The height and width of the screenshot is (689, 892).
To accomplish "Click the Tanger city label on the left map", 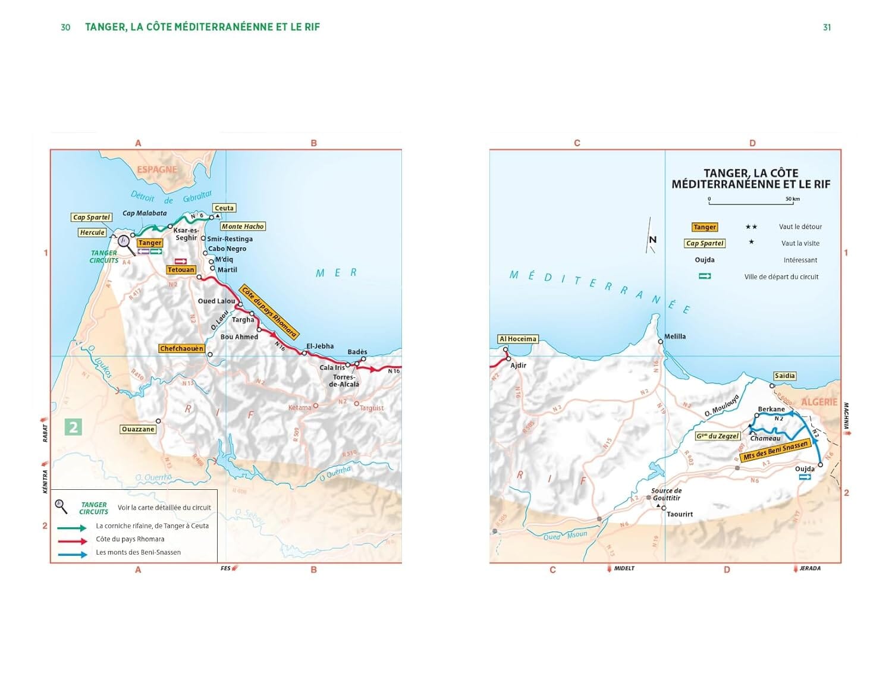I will click(x=150, y=243).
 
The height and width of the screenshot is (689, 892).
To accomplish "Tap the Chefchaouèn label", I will click(x=181, y=348).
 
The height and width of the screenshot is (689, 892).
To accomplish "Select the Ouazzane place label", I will click(x=138, y=429).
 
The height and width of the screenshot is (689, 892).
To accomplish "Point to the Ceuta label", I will click(x=224, y=208).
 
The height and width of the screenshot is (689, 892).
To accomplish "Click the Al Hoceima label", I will click(x=517, y=339).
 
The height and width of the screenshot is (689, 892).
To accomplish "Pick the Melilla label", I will click(x=675, y=336).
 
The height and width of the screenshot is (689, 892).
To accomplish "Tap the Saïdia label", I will click(x=784, y=376).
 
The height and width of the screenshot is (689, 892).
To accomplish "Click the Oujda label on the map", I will click(x=805, y=469).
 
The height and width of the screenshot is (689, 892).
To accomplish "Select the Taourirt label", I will click(x=680, y=514).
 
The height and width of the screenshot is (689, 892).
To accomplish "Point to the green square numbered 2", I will click(x=73, y=427).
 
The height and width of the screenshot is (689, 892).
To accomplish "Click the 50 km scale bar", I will click(x=750, y=204).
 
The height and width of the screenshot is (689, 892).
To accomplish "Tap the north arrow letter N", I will click(x=652, y=240).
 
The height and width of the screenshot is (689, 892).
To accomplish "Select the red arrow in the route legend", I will click(x=73, y=540).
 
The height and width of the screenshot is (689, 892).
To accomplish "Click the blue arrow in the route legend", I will click(x=73, y=554).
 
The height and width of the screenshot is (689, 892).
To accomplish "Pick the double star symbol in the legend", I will click(x=751, y=227).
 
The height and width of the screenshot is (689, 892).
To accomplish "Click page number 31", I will click(x=827, y=27).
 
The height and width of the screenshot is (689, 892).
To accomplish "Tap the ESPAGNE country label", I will click(x=157, y=169).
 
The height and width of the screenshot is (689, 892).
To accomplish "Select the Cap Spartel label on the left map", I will click(x=91, y=218).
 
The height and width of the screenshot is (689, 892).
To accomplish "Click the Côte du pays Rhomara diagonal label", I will click(x=269, y=312).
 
